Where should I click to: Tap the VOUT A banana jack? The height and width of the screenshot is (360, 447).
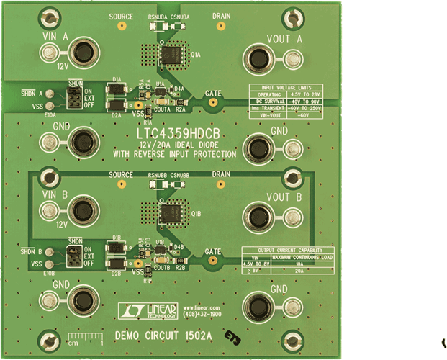point(258,57)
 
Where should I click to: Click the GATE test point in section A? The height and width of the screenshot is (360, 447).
point(212,103)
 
